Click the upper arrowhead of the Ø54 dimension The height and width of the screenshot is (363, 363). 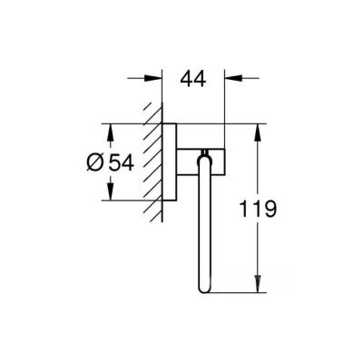[112, 130]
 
